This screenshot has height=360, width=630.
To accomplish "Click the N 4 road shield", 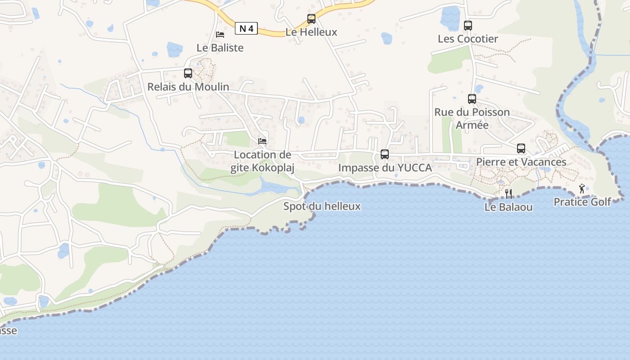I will tap(246, 29).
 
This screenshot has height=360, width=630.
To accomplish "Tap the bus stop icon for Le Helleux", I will tap(311, 19).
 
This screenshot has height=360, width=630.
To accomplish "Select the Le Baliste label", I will tap(220, 48).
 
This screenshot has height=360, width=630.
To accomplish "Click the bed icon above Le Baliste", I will tap(220, 34).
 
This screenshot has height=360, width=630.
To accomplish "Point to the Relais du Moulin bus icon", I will tap(188, 73).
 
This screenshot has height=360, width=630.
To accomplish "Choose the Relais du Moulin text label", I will tap(188, 87).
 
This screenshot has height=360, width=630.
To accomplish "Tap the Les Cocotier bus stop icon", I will tap(468, 26).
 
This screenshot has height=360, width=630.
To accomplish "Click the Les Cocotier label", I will tap(468, 39).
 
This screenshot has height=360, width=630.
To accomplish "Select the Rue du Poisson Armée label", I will tap(472, 118).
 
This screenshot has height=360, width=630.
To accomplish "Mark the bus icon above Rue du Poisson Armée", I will tap(472, 99).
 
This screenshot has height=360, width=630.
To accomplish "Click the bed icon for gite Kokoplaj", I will tap(262, 141).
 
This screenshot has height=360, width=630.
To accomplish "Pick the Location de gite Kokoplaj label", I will tap(262, 161).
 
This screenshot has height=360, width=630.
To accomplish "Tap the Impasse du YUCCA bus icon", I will tap(385, 154).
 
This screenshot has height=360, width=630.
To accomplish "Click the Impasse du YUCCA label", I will tap(385, 168).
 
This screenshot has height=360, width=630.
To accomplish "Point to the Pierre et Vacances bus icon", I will tap(521, 148).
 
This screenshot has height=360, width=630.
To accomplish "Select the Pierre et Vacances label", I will tap(521, 162).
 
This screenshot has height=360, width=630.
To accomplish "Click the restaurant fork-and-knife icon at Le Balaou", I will tap(509, 194).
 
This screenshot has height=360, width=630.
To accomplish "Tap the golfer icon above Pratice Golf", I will tap(582, 189).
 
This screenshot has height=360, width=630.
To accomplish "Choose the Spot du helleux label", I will tap(322, 207).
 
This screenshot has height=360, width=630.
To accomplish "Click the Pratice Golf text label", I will tap(582, 202).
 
